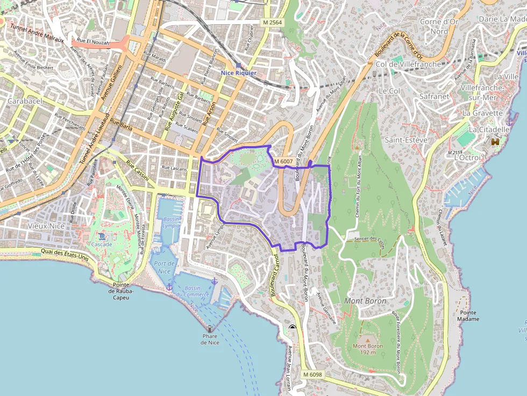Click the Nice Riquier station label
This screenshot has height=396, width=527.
tap(238, 73)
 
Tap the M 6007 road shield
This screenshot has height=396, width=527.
tap(283, 161)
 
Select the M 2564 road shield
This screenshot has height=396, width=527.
tap(273, 23)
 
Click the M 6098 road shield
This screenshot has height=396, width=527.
tap(312, 375)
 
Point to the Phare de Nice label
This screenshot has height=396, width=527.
tap(210, 339)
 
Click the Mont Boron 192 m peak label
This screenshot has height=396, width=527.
tap(368, 349)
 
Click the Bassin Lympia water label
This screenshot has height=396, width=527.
tap(170, 222)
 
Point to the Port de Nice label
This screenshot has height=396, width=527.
tap(165, 267)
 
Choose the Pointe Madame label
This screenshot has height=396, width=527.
tap(469, 316)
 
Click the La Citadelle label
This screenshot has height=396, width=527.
tap(489, 129)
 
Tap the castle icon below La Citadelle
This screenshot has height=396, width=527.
tap(495, 141)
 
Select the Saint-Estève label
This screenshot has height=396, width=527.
tap(406, 140)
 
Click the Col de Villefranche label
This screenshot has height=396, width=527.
tap(408, 64)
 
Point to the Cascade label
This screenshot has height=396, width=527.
tap(101, 244)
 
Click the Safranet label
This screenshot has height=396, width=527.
tap(434, 97)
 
